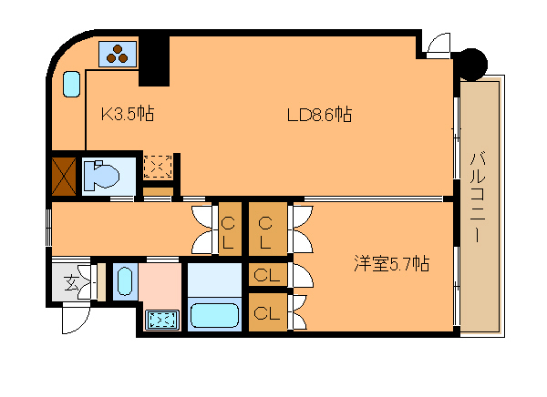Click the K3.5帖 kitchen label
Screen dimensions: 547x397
point(128,114)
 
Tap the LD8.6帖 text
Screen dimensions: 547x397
point(319,115)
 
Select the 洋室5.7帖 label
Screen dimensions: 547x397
point(391,263)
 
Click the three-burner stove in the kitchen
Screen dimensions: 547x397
point(118,54)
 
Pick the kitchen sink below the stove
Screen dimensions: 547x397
point(71,84)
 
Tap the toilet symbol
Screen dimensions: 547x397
point(101,176)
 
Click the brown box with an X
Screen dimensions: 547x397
point(64,176)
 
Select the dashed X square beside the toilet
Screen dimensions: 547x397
point(158,167)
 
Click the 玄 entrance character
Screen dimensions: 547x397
point(71,282)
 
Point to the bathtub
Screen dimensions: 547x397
point(214,315)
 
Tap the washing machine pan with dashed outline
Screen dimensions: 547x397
point(162,320)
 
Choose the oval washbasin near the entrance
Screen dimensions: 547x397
point(125,281)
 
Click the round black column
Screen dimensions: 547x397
point(471,65)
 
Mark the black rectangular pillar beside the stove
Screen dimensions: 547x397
point(154,61)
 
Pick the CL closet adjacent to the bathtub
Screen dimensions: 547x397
point(267,312)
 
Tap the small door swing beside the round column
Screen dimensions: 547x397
point(439,46)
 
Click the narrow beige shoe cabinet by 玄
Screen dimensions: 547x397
point(101,281)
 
